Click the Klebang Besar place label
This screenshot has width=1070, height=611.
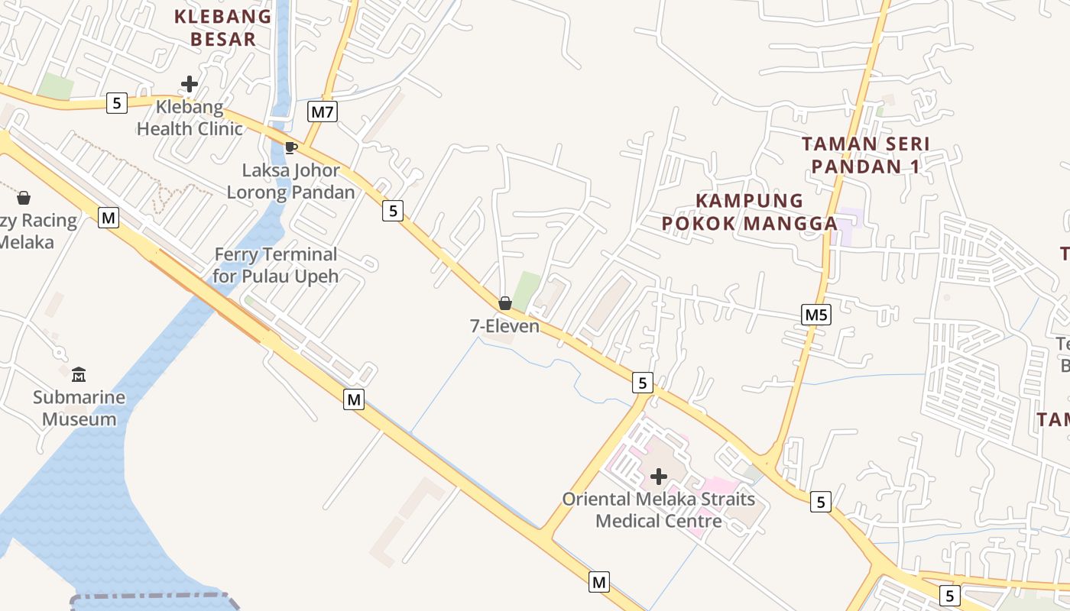click(222, 27)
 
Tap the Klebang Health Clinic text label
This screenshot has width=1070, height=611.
click(190, 118)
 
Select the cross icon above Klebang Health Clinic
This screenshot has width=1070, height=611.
click(190, 84)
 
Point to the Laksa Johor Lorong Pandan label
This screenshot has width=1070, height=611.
click(291, 181)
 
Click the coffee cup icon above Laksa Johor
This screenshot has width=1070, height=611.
click(290, 147)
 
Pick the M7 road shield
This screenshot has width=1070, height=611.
click(323, 112)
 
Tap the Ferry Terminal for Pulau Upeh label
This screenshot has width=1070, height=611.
click(275, 265)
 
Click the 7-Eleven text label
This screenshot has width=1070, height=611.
click(504, 326)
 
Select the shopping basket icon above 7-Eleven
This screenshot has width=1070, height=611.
click(504, 303)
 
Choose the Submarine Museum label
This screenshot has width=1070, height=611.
click(79, 408)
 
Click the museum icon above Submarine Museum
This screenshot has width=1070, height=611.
click(79, 374)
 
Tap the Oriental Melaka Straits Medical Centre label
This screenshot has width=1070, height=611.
click(658, 510)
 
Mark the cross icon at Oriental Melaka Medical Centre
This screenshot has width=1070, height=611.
click(658, 477)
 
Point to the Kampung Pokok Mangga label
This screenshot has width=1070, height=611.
click(750, 212)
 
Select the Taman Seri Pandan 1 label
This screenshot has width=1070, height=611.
click(865, 154)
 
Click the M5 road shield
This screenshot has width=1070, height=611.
click(816, 314)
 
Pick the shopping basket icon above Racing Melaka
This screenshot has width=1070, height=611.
click(24, 198)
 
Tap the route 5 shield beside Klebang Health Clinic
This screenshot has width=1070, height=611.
click(116, 102)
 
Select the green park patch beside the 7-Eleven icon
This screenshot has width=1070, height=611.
click(527, 289)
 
